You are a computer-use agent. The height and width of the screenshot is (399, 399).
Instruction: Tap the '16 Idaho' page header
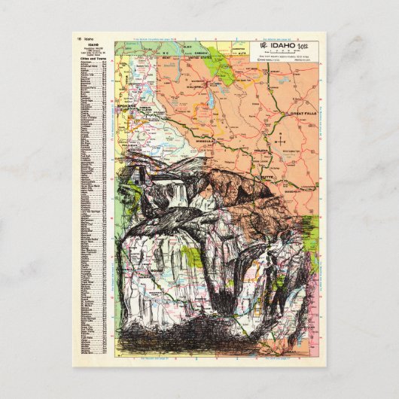[83, 38]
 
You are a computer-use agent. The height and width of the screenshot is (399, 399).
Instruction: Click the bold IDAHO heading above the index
[93, 47]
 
